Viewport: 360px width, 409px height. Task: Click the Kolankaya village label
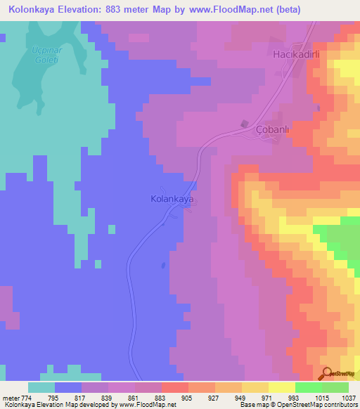172,199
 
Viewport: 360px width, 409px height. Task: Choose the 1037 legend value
349,398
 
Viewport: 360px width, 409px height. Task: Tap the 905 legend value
188,398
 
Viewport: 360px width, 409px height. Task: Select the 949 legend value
241,398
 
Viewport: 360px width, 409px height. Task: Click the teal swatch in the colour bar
41,388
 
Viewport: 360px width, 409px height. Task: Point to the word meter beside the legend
9,398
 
